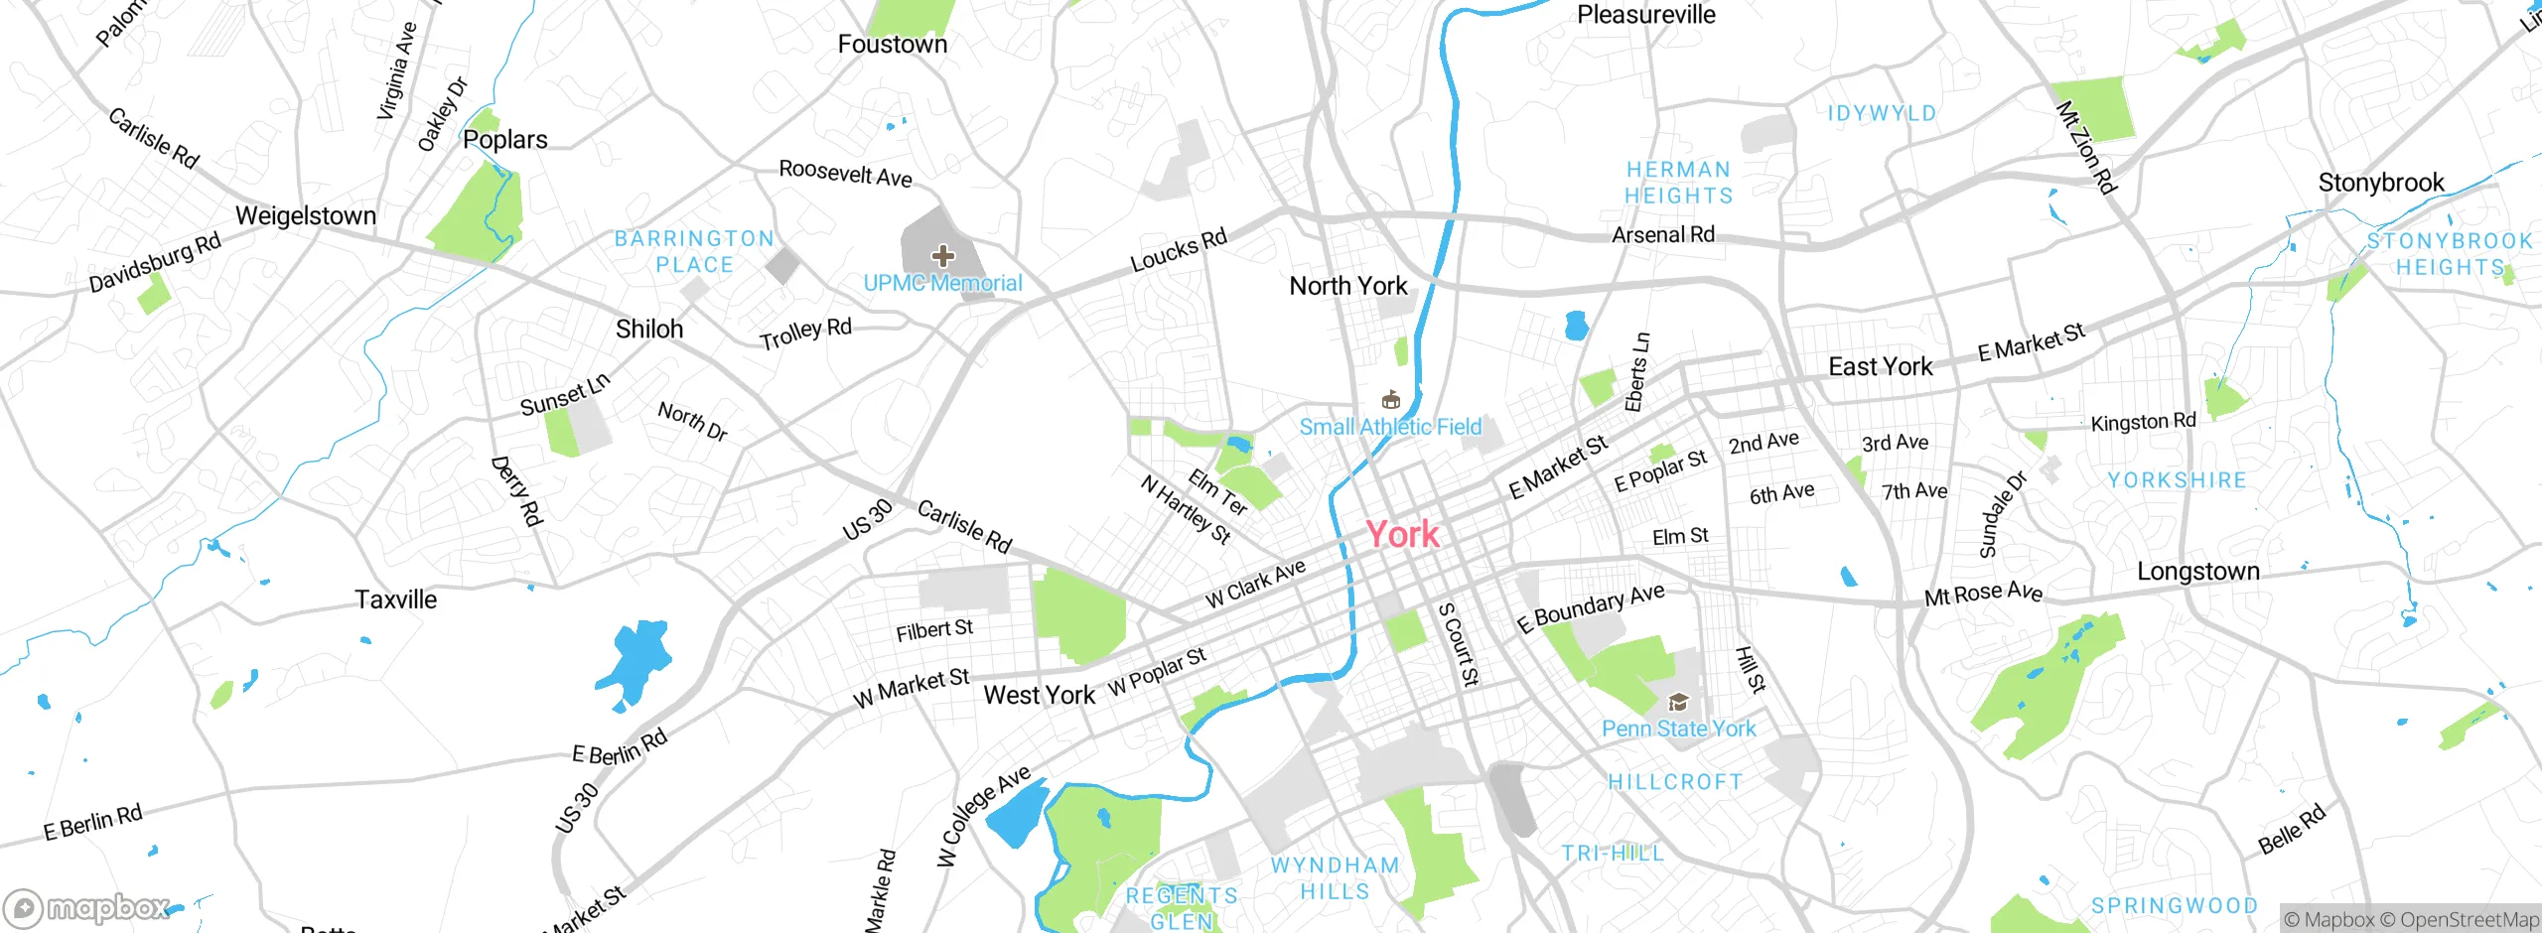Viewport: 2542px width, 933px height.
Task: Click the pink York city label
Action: pos(1401,534)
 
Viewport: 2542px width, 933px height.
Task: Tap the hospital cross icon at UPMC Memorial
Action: pos(942,256)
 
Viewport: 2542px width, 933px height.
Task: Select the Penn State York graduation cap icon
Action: pos(1678,703)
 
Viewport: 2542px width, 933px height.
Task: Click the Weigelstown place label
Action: pos(306,215)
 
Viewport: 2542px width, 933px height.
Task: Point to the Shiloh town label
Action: pos(649,329)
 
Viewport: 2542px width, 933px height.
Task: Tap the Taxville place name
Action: pos(395,600)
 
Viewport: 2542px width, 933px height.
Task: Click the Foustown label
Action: pos(892,44)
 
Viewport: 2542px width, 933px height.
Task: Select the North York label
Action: pos(1347,286)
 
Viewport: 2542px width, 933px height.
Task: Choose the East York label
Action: pos(1880,366)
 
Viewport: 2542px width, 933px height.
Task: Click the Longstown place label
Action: pos(2197,572)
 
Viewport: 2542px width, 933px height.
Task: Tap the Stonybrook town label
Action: pos(2380,183)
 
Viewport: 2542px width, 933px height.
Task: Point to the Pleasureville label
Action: pos(1645,15)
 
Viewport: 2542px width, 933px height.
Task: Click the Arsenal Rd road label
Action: pos(1662,235)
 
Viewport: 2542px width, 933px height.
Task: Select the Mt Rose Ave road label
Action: pos(1983,594)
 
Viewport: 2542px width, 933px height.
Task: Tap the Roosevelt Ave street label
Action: pos(845,173)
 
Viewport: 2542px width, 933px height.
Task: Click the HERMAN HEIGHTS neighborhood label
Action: pos(1678,183)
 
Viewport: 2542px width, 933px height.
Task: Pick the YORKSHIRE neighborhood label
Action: pos(2177,480)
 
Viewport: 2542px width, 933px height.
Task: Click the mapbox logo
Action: pos(87,907)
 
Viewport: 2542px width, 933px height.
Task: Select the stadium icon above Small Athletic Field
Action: pos(1390,400)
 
